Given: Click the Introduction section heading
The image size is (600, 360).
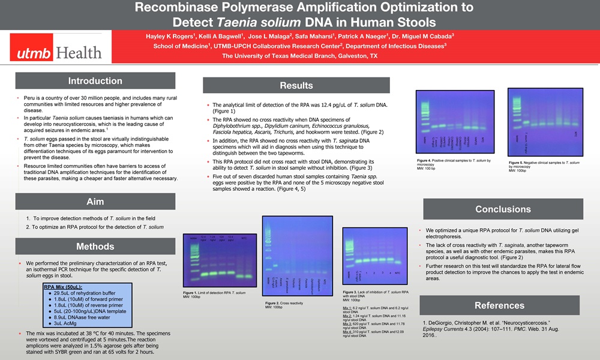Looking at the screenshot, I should [x=95, y=81].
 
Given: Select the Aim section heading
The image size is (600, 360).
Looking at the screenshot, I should [x=95, y=202].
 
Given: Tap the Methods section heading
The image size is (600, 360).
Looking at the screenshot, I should [x=95, y=247].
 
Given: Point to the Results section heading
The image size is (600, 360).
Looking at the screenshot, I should [x=296, y=86].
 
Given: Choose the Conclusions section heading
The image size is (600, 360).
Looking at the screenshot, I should [x=503, y=209].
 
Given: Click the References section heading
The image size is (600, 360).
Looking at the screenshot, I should [x=499, y=305].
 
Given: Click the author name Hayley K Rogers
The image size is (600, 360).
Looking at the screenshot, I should [x=171, y=36].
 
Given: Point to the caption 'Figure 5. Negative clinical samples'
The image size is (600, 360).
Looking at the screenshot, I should [x=544, y=163].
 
